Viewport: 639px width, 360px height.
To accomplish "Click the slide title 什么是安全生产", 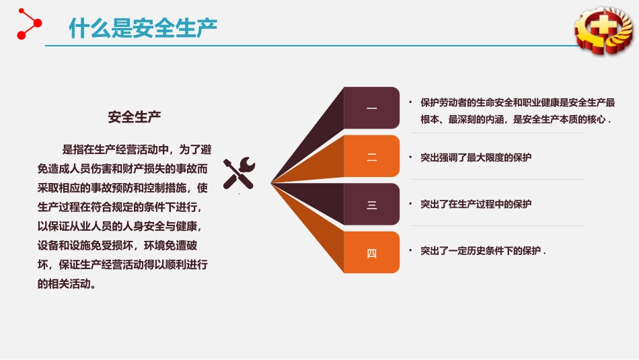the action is (x=143, y=28).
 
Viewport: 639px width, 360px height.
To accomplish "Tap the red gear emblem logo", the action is (x=604, y=30).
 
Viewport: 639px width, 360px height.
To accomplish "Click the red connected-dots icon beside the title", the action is (x=29, y=24).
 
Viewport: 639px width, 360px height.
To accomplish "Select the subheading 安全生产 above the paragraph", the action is (x=134, y=117).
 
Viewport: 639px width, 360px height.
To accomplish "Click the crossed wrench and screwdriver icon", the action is (x=239, y=173).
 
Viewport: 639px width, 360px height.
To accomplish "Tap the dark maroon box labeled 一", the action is (x=371, y=108).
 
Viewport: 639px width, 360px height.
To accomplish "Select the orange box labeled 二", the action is (x=371, y=156).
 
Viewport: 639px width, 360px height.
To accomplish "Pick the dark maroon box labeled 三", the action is (x=371, y=205).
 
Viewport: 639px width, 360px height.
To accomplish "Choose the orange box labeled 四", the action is (x=371, y=252).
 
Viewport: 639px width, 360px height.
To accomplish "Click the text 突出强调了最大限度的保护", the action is (x=476, y=157).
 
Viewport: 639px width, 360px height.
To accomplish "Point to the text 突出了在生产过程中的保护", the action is (x=476, y=204).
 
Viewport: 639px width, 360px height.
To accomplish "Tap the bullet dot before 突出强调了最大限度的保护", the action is (x=410, y=157).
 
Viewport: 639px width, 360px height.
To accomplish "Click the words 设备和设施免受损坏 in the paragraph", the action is (x=85, y=246).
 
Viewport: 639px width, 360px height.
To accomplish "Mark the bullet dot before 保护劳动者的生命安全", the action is (x=410, y=102).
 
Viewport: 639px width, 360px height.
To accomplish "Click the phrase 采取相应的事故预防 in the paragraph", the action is (x=85, y=188).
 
